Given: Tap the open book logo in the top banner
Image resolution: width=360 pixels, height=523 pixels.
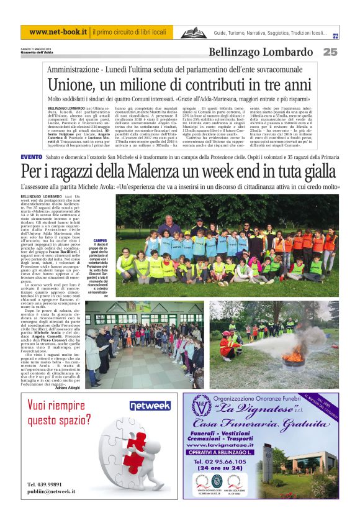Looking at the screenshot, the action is click(192, 32).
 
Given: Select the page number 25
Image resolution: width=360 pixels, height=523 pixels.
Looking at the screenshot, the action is click(330, 52).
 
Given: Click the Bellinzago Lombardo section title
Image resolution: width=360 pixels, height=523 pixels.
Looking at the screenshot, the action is click(261, 52).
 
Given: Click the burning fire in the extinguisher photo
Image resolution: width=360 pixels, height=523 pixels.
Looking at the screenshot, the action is click(291, 357).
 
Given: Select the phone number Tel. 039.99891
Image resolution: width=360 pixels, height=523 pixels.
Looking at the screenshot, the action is click(44, 484).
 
